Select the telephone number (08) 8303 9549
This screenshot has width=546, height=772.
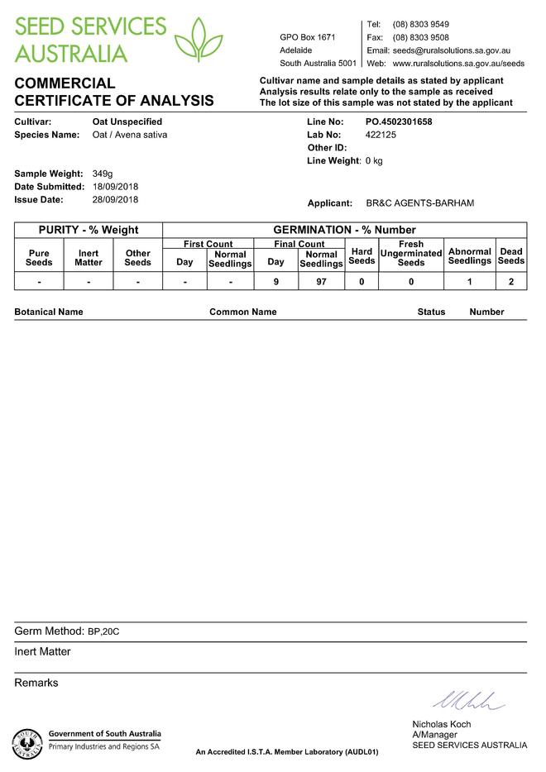click(x=421, y=25)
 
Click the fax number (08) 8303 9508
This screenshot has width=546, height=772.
click(x=421, y=38)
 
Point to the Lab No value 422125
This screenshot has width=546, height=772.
click(x=381, y=134)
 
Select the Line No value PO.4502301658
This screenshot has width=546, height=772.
click(x=399, y=122)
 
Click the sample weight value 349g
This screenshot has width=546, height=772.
click(x=103, y=174)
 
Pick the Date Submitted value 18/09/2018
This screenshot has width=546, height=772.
click(x=115, y=187)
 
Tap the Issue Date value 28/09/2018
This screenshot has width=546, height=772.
click(x=115, y=199)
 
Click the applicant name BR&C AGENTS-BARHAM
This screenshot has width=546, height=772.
click(x=419, y=203)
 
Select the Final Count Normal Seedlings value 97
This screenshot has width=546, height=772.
click(x=321, y=282)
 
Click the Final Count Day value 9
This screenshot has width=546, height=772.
click(x=275, y=282)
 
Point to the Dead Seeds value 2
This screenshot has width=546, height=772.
click(x=511, y=282)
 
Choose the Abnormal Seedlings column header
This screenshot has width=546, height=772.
click(x=470, y=256)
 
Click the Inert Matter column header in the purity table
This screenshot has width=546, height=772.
click(x=89, y=258)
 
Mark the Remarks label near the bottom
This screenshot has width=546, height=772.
click(x=36, y=683)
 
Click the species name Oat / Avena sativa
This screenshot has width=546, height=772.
click(x=130, y=134)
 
